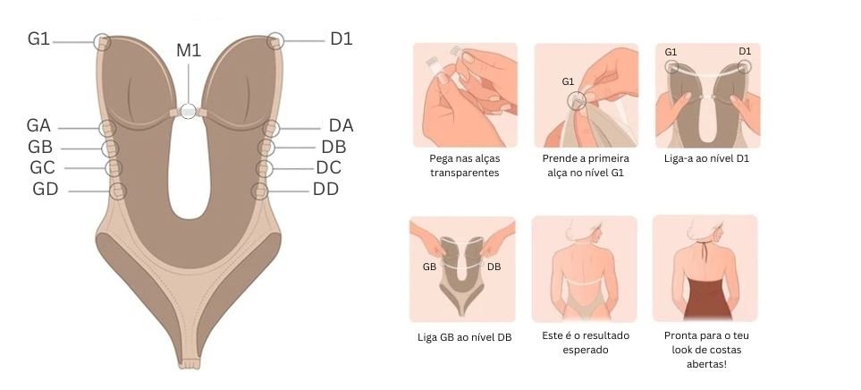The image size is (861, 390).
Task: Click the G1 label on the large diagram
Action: [x=38, y=38]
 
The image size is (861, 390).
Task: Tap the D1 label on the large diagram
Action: [x=342, y=38]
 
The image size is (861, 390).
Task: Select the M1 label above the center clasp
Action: [x=189, y=50]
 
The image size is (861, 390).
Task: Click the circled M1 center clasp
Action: [x=188, y=112]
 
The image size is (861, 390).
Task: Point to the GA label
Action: [x=39, y=126]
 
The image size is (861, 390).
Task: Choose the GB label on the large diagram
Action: [x=40, y=147]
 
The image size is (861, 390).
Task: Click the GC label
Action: [x=42, y=167]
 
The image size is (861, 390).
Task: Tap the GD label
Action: [x=45, y=189]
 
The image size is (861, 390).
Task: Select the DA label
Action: [x=341, y=126]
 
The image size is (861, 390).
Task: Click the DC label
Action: [x=329, y=167]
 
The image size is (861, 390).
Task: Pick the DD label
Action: [x=325, y=189]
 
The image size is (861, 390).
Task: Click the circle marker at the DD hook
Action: [x=259, y=191]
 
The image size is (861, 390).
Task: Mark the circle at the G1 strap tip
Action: [x=103, y=41]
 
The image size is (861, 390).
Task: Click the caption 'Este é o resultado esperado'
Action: [x=584, y=343]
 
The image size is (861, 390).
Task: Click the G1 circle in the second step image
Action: [x=578, y=100]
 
